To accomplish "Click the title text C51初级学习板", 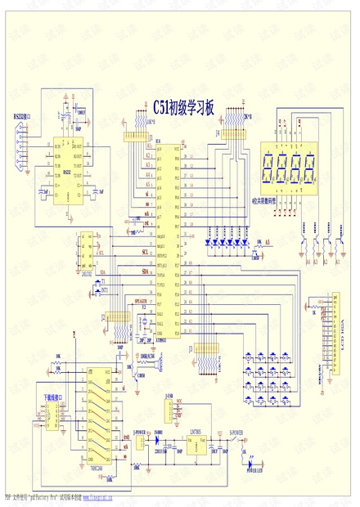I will pos(184,107).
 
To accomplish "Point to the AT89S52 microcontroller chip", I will pos(168,237).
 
